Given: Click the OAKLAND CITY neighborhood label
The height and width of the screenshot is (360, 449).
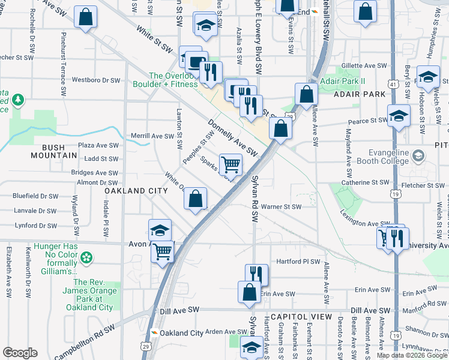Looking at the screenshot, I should [x=136, y=190].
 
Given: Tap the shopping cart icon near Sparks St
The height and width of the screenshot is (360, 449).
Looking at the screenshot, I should [x=231, y=163].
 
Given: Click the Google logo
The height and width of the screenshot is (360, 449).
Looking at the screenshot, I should [x=20, y=353].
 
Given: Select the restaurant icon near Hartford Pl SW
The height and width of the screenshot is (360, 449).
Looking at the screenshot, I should [x=256, y=274].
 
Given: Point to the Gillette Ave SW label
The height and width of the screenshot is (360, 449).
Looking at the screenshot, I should [x=366, y=65].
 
